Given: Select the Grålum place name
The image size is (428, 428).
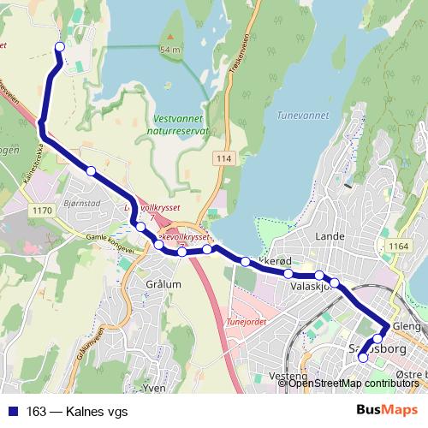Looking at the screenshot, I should coord(163,285).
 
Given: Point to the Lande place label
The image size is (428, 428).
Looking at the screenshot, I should coord(330,235).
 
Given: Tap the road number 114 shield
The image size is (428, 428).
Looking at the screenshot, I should coord(225,160).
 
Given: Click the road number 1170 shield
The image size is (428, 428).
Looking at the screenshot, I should coord(40,209).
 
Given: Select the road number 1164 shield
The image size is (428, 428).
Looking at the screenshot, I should coord(398,247).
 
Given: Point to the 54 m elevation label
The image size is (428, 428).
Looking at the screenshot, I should coord(170,50).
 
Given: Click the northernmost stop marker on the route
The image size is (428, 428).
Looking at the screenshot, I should coord(59,46).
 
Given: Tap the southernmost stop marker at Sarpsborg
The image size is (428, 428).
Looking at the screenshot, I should coord(362,358).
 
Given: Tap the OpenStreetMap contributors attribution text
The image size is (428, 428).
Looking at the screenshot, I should coord(354,383).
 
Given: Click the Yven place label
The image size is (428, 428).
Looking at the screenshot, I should coord(154,388).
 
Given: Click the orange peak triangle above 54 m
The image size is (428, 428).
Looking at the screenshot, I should coord(170,38).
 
